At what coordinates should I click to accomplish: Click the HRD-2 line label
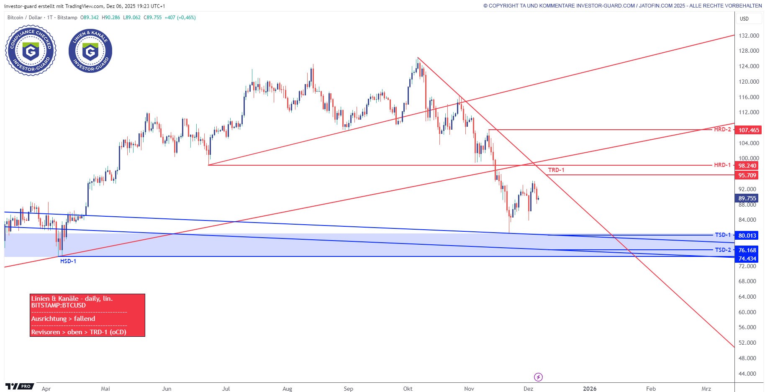click(722, 130)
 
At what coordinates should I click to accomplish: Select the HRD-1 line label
click(722, 165)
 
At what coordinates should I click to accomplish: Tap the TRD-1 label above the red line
click(556, 170)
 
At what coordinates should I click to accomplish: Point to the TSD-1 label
click(722, 235)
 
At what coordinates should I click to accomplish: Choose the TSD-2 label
click(722, 250)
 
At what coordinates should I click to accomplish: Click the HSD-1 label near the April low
click(68, 261)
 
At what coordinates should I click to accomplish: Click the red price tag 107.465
click(748, 130)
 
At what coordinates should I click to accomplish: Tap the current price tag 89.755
click(747, 199)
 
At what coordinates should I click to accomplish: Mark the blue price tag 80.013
click(747, 236)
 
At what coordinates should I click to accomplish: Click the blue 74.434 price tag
click(747, 259)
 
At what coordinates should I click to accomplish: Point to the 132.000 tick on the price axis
click(749, 36)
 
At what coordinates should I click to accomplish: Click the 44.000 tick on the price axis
click(747, 374)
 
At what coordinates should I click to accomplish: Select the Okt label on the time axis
click(408, 389)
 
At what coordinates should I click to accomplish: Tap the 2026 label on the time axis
click(590, 389)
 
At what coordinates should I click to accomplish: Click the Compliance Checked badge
click(31, 51)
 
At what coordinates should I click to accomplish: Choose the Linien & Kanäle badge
click(90, 51)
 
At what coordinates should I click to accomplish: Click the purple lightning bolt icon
click(539, 377)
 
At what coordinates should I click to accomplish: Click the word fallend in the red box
click(85, 319)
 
